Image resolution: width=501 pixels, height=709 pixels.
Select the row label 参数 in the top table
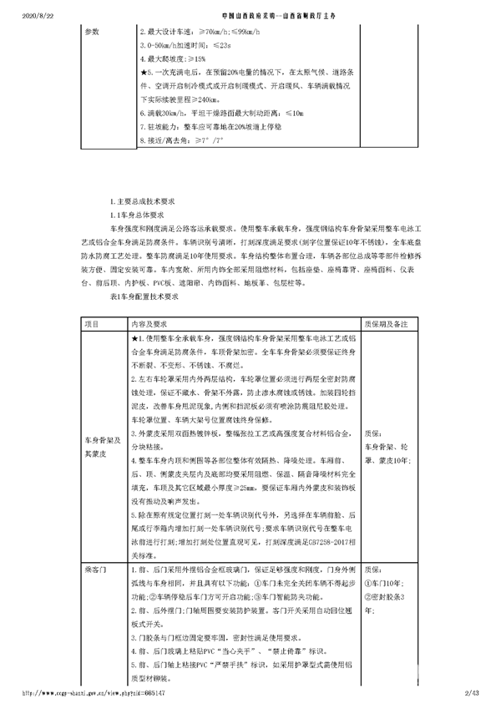(x=92, y=31)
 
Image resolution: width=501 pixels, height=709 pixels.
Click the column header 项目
(x=92, y=322)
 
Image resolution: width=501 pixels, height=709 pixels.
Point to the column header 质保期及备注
(x=387, y=322)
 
